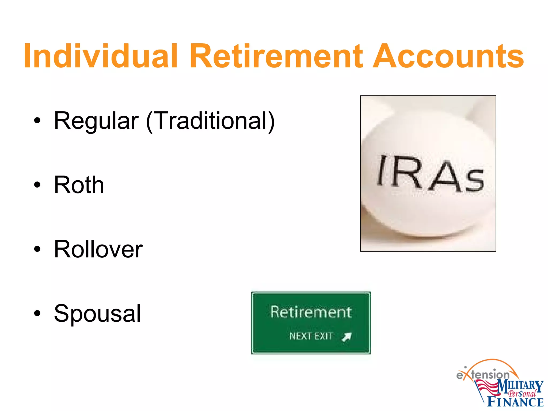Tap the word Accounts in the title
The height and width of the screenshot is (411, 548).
(448, 56)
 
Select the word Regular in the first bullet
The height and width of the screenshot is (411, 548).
(96, 121)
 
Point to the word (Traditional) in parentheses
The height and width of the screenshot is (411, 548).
(210, 121)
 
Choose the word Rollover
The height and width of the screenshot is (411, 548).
(98, 249)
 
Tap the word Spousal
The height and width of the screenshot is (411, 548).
(97, 313)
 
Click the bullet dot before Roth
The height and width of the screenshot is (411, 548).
(37, 185)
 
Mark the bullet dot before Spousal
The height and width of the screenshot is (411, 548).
(37, 313)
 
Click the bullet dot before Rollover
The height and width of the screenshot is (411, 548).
(37, 249)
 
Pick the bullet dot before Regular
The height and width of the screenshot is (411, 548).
(37, 121)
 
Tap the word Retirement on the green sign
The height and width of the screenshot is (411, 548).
(311, 312)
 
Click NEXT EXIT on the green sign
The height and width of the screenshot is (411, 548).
(311, 336)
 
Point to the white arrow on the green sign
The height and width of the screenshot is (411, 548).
(347, 337)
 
